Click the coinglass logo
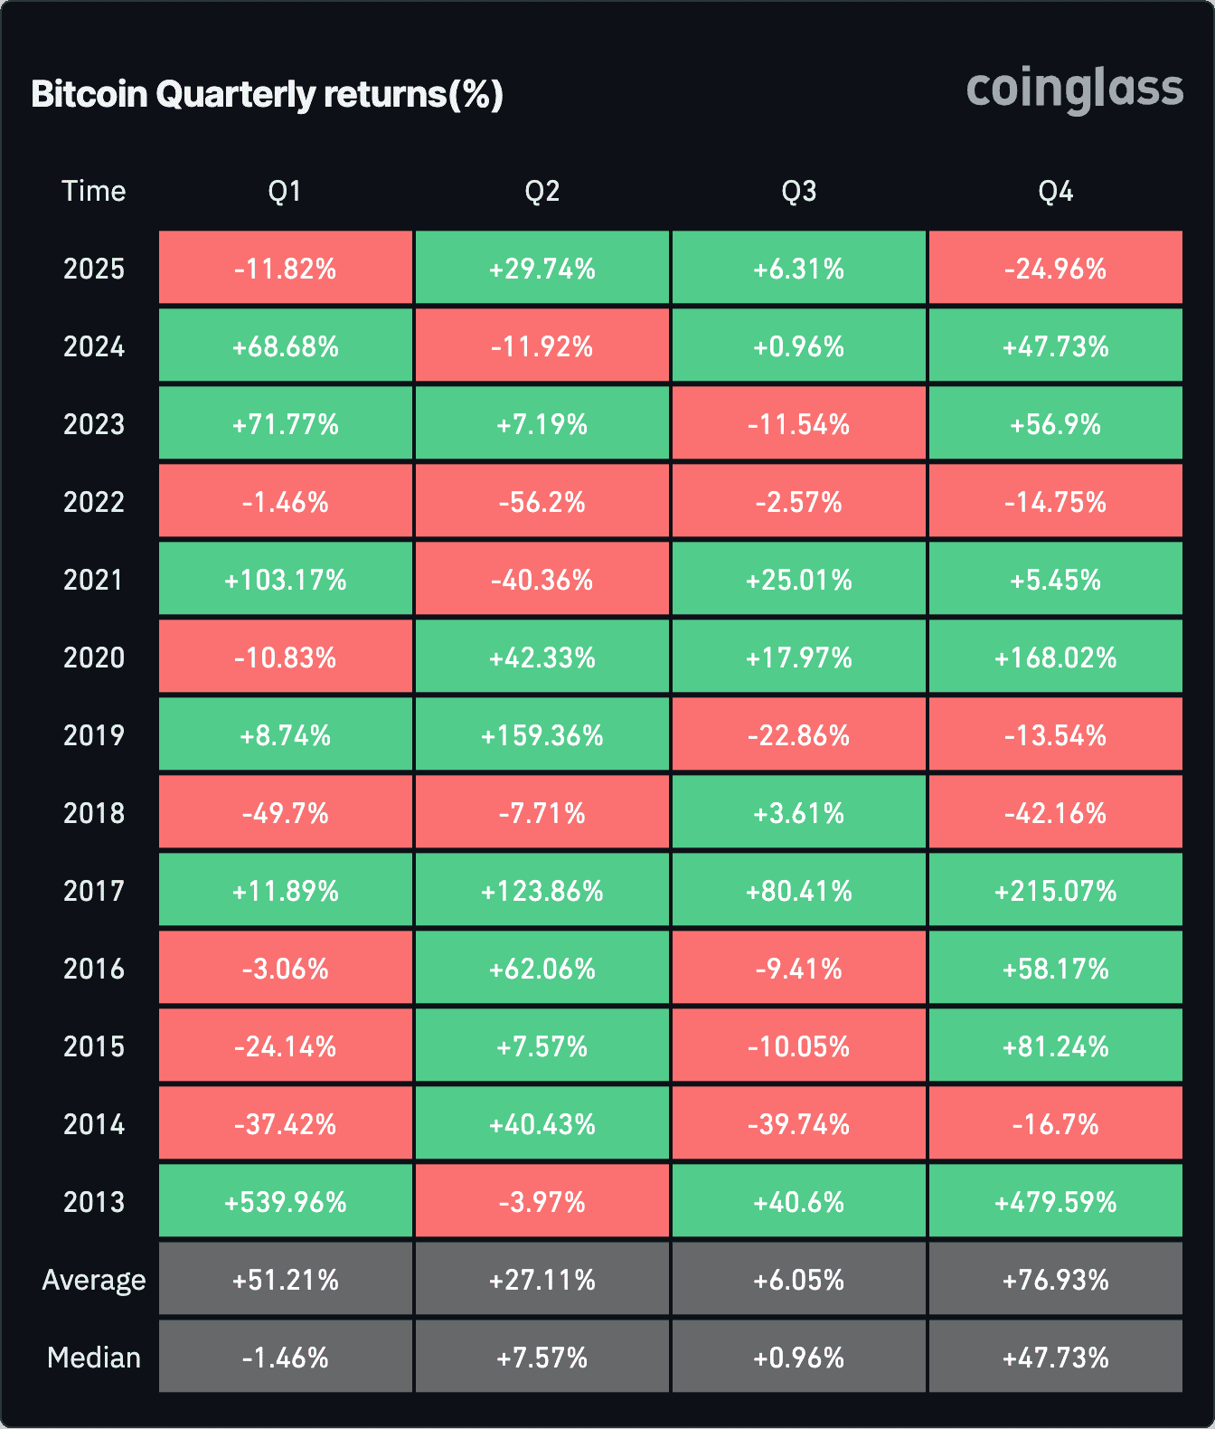tap(1074, 90)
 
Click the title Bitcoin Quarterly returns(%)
tap(267, 94)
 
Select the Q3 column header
tap(798, 191)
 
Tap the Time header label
tap(93, 191)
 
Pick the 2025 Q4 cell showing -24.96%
tap(1055, 269)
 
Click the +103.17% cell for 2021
tap(286, 580)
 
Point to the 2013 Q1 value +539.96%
tap(286, 1202)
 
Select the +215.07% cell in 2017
tap(1055, 891)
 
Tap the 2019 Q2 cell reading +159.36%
tap(542, 735)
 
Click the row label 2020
tap(93, 658)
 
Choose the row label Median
tap(93, 1358)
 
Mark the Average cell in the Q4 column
tap(1055, 1280)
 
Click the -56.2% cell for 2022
tap(542, 502)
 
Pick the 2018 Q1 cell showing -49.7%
tap(286, 813)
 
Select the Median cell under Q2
tap(542, 1358)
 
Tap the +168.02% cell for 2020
tap(1055, 658)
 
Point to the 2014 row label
tap(93, 1124)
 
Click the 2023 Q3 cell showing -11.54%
tap(798, 424)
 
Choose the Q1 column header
tap(285, 191)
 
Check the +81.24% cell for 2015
tap(1055, 1046)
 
